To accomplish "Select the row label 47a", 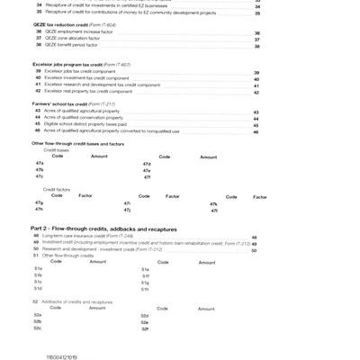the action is coord(39,163).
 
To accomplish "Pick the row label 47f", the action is coord(147,176).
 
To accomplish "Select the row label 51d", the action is coord(38,289).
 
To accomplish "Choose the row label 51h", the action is coord(145,289).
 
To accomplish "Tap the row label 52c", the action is coord(38,328).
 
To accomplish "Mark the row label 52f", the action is coord(145,328).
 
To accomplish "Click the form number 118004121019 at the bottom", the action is coord(62,357).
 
